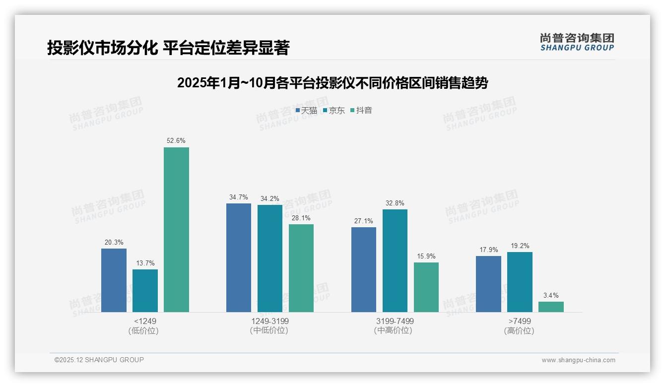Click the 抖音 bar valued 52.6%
coord(176,230)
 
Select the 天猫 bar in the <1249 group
coord(114,280)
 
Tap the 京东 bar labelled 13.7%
coord(145,291)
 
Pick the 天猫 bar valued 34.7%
coord(239,258)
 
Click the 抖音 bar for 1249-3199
coord(301,268)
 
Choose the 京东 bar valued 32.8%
coord(395,260)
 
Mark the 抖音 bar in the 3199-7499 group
coord(426,287)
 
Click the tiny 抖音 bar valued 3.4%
coord(551,307)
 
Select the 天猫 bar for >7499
coord(488,284)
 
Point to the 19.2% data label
coord(520,246)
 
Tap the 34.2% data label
coord(270,198)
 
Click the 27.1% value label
coord(364,221)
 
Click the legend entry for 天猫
coord(306,111)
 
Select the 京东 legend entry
coord(334,111)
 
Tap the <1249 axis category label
coord(145,321)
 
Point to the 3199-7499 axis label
coord(395,321)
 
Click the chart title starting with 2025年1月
coord(332,83)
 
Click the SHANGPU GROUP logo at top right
coord(577,42)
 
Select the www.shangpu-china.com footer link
coord(578,360)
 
